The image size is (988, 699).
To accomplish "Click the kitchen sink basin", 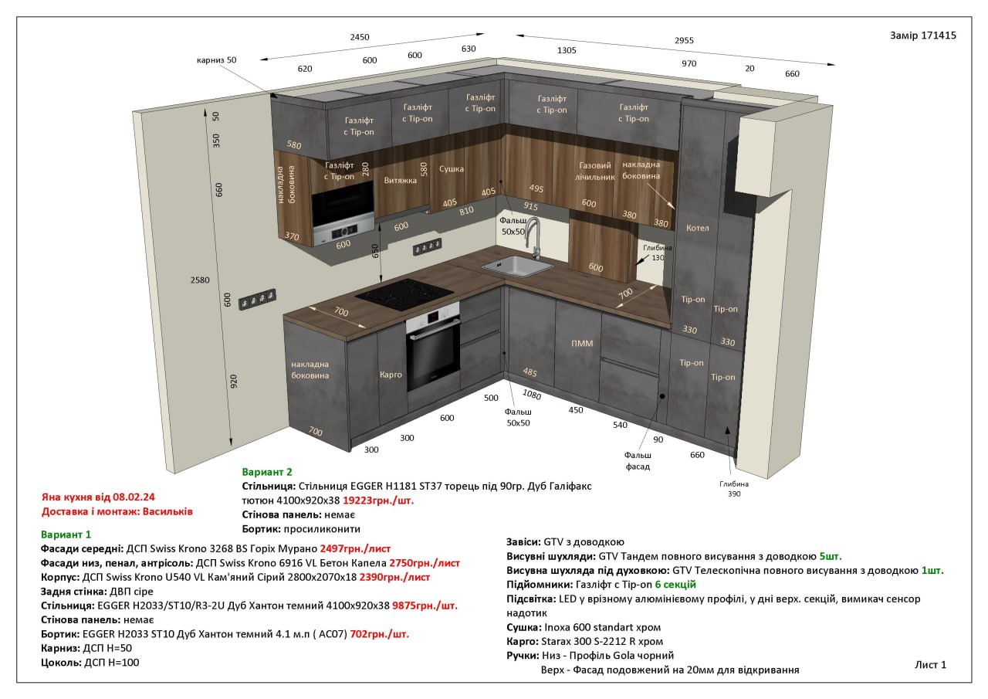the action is tap(517, 266).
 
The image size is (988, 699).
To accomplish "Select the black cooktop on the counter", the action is tap(404, 294).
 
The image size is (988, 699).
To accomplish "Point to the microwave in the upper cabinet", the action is tap(343, 212).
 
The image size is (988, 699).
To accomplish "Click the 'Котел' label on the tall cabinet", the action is tap(697, 228).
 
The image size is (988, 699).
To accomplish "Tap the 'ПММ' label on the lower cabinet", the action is tap(582, 344).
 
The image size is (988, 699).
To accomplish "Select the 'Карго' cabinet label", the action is tap(391, 375).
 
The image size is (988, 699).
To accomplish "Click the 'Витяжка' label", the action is tap(400, 180).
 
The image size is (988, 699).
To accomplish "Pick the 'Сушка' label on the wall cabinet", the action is tap(452, 168).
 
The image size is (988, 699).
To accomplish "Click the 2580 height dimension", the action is tap(200, 280).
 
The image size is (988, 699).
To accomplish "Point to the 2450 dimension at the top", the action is tap(360, 37).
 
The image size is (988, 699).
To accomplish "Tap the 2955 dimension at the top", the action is tap(684, 40).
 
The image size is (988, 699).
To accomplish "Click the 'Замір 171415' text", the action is tap(922, 36).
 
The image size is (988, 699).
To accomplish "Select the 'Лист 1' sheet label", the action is tap(931, 664).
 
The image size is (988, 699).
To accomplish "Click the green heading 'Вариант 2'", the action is tap(267, 472).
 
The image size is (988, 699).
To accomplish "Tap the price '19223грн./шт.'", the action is tap(378, 500).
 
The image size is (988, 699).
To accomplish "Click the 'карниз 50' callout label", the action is tap(216, 60).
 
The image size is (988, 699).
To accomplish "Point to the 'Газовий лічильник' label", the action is tap(594, 171).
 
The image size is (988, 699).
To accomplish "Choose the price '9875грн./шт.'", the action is tap(425, 606).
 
